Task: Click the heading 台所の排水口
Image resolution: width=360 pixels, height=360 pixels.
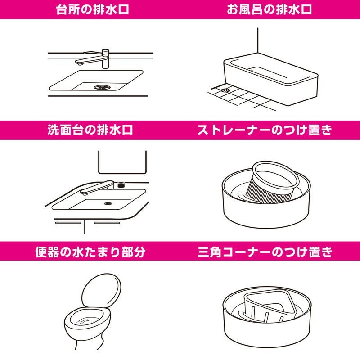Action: point(92,9)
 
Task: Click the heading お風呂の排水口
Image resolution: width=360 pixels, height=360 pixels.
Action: point(269,9)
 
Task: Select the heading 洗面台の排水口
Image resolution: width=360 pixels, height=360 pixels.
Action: point(90,130)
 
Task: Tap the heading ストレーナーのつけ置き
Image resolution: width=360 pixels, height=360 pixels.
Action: point(265,130)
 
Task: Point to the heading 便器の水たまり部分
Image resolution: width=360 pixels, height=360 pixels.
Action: point(90,252)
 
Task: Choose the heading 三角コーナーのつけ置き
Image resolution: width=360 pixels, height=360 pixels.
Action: point(265,252)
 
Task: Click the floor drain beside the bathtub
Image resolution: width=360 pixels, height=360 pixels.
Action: point(225,90)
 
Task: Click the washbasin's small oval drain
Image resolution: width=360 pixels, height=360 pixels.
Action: point(108,203)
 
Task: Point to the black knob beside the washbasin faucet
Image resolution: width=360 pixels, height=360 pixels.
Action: point(121,184)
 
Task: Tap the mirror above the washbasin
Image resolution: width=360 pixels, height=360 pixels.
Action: point(122,162)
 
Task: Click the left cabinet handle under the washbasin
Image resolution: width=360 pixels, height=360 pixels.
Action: point(68,223)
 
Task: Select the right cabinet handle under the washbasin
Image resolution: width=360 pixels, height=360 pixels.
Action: point(107,223)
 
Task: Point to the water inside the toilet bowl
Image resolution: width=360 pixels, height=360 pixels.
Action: point(88,320)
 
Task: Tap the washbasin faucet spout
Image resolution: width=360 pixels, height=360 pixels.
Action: point(96,188)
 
